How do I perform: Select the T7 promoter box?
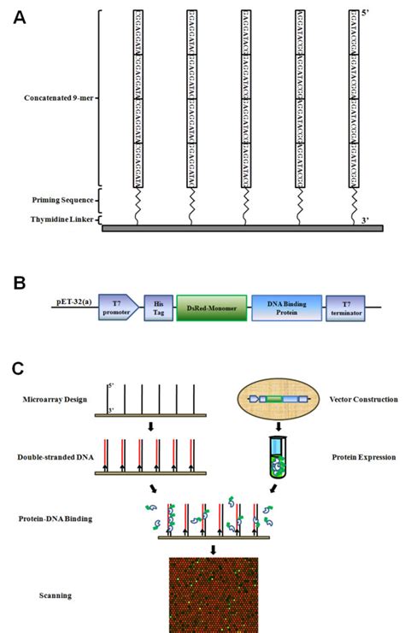tap(117, 306)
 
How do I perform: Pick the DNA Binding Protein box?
tap(285, 306)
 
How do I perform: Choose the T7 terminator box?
tap(344, 306)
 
